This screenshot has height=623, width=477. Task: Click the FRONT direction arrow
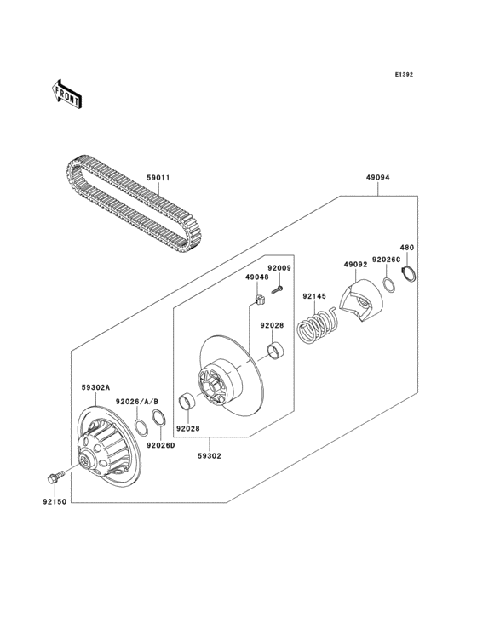[x=67, y=94]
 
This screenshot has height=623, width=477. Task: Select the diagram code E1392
[x=403, y=75]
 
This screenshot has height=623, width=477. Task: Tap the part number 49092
[x=355, y=265]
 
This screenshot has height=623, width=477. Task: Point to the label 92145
[x=313, y=296]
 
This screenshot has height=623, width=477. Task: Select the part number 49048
[x=257, y=277]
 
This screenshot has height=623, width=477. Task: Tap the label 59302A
[x=95, y=387]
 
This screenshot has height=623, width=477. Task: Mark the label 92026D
[x=160, y=445]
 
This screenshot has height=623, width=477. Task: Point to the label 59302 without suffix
[x=210, y=455]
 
